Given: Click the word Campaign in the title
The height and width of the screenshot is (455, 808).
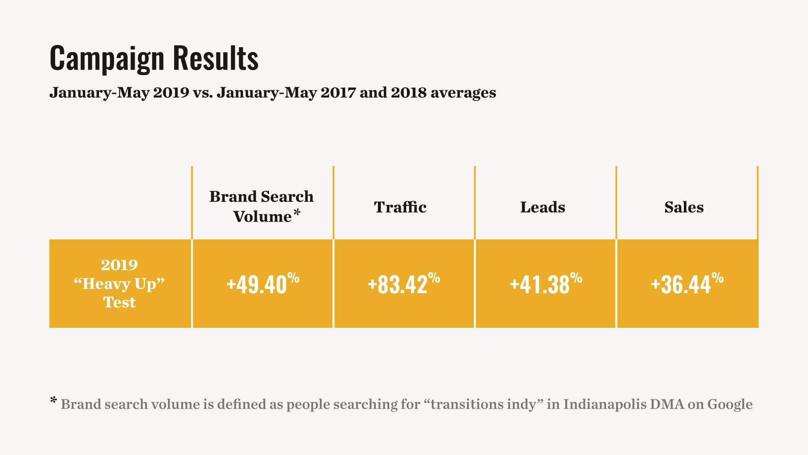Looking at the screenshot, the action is (x=107, y=59).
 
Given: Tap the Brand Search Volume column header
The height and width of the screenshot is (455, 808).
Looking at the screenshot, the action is (x=261, y=206).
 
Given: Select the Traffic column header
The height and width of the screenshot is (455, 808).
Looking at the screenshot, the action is (x=400, y=207).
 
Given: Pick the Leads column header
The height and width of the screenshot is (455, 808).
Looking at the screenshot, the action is (x=542, y=207).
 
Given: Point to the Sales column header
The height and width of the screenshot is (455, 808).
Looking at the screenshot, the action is (x=684, y=207).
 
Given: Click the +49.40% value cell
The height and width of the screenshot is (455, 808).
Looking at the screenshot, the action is (x=263, y=284).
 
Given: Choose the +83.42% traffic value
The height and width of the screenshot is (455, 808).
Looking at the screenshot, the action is (x=404, y=284).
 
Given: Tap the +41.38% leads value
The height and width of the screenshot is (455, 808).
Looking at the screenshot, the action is (x=546, y=284).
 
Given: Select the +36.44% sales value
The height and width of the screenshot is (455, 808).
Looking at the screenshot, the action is (x=687, y=284).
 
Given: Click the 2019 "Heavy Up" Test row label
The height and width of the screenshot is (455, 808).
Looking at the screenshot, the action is (x=120, y=284).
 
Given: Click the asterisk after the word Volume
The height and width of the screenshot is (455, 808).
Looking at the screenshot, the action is (x=297, y=213).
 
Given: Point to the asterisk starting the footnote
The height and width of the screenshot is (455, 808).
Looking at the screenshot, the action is (x=53, y=400).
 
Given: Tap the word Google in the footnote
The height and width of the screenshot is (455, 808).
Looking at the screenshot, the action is (x=730, y=404).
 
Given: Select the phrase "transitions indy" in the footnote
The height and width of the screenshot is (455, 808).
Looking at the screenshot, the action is (x=483, y=404).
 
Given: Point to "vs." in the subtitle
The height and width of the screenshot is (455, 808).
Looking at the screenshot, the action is (x=203, y=93).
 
